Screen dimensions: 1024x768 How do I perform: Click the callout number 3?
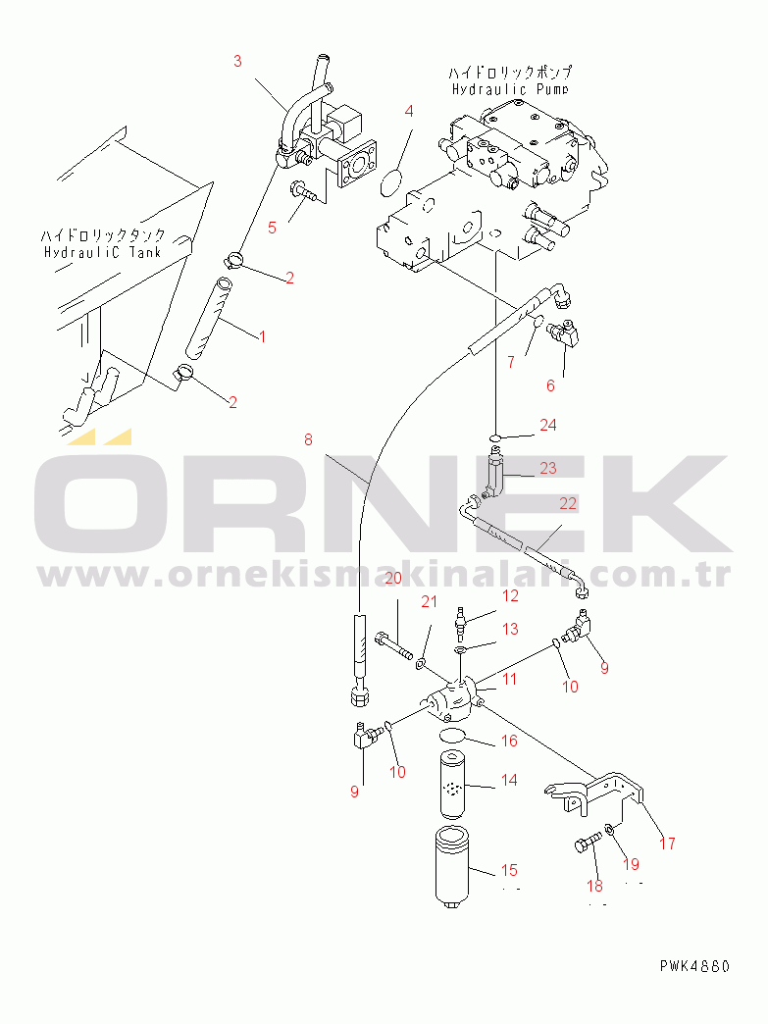[x=237, y=61]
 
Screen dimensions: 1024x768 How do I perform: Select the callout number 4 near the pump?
[x=410, y=111]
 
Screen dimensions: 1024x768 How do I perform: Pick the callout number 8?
[x=308, y=440]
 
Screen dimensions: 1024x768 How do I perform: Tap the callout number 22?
[x=568, y=503]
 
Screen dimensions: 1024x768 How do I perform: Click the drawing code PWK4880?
[x=694, y=966]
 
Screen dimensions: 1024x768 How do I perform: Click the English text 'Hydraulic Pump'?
[x=510, y=89]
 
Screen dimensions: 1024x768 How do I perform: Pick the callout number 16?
[x=509, y=742]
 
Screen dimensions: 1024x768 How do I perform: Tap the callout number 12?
[x=511, y=595]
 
